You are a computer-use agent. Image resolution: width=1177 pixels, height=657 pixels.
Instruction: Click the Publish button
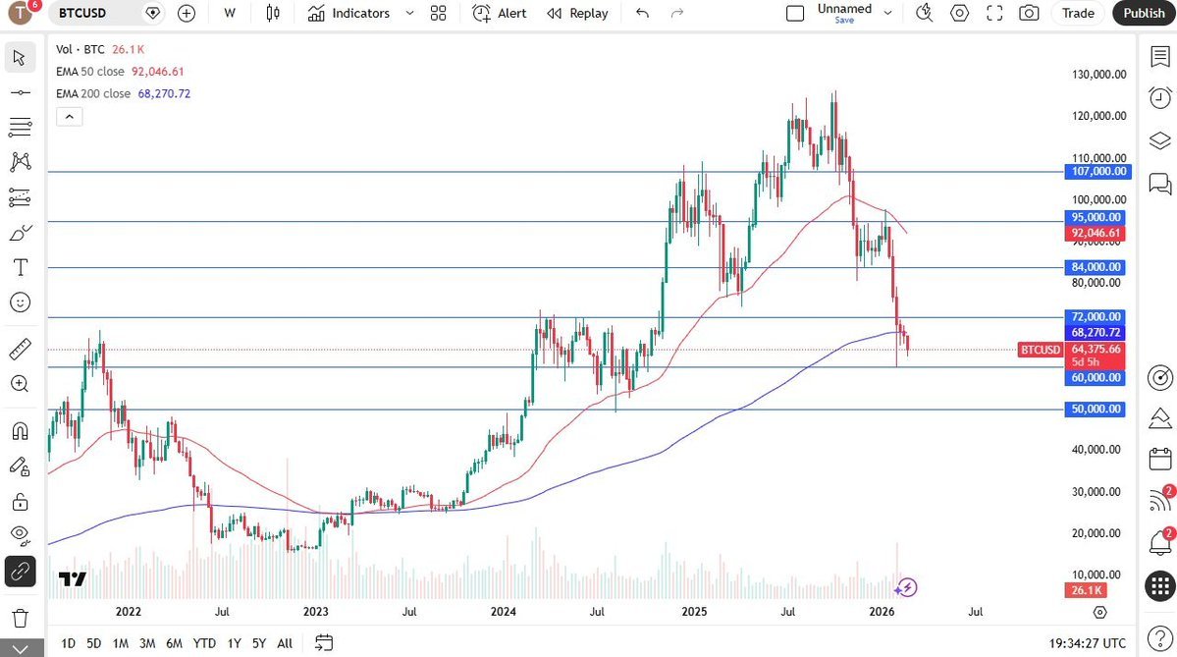[x=1144, y=13]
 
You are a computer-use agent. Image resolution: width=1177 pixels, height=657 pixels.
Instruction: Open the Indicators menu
[x=349, y=13]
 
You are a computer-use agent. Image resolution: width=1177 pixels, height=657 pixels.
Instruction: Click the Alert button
[x=500, y=13]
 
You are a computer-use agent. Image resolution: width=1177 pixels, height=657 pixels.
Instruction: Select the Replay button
[x=577, y=13]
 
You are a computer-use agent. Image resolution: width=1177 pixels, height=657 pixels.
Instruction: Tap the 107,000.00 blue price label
[x=1097, y=172]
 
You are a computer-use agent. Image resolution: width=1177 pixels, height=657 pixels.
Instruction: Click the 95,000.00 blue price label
[x=1097, y=217]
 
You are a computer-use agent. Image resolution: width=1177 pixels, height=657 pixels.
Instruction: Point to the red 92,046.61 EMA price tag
[x=1097, y=234]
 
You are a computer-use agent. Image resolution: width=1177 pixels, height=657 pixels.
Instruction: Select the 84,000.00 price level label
[x=1097, y=267]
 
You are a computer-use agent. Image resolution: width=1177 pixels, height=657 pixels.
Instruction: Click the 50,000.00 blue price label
[x=1097, y=409]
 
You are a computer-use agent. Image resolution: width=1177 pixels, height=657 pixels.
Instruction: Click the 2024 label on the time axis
[x=504, y=612]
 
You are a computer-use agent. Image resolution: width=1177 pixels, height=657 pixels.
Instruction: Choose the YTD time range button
[x=204, y=643]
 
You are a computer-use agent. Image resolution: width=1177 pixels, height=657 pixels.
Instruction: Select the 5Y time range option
[x=258, y=643]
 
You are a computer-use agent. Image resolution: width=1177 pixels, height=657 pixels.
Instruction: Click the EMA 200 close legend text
[x=93, y=93]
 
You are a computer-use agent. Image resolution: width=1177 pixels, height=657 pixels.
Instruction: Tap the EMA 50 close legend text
[x=90, y=72]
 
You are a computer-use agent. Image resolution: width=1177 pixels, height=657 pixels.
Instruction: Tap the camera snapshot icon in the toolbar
[x=1028, y=13]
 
